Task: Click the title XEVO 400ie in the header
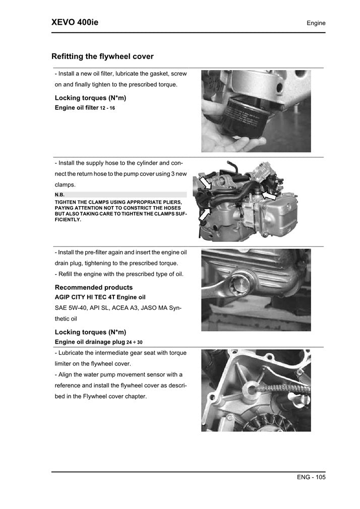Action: pyautogui.click(x=75, y=23)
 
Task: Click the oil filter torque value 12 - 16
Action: pyautogui.click(x=107, y=108)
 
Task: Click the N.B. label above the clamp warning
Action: pyautogui.click(x=59, y=195)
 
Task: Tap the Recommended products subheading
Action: pyautogui.click(x=93, y=287)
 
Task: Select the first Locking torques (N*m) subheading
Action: pyautogui.click(x=90, y=98)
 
